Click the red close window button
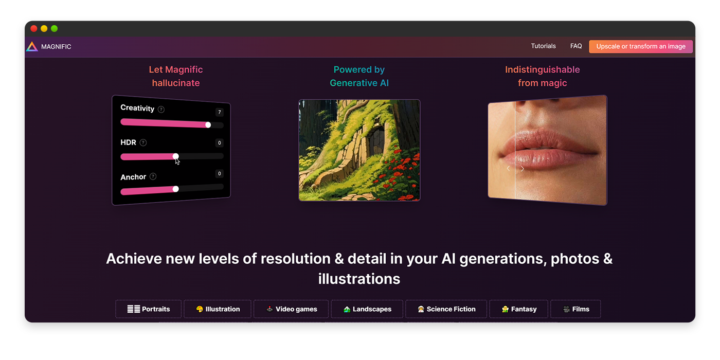(x=34, y=29)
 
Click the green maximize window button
(x=55, y=29)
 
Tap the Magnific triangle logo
(x=32, y=47)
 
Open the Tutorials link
(x=543, y=46)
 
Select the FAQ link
(x=576, y=46)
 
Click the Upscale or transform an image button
(x=641, y=46)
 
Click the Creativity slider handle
(x=208, y=124)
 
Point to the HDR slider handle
(x=175, y=156)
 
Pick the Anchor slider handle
(x=175, y=189)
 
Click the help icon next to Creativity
(x=161, y=110)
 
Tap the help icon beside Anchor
(x=153, y=176)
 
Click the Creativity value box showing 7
(x=220, y=112)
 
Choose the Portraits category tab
(x=149, y=309)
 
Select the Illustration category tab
(x=218, y=309)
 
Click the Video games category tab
(x=291, y=309)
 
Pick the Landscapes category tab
(x=367, y=309)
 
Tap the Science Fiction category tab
(x=446, y=309)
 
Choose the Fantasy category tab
(x=519, y=309)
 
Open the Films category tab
(x=575, y=309)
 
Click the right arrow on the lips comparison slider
(x=523, y=169)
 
